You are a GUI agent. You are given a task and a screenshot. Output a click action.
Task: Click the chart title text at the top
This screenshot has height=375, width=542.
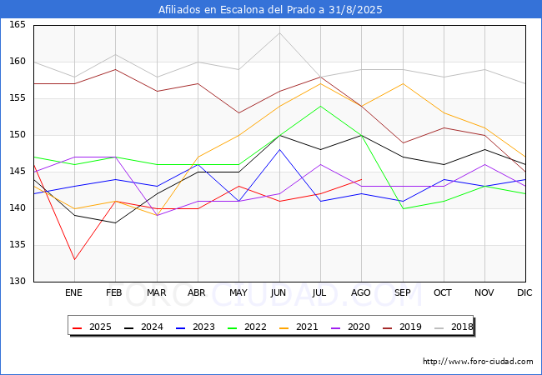click(x=270, y=9)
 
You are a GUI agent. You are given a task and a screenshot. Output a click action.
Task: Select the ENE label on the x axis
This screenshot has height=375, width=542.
click(x=74, y=293)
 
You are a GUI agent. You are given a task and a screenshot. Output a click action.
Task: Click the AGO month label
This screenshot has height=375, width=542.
click(x=361, y=293)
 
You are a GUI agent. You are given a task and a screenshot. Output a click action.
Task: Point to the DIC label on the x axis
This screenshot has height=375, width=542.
click(x=524, y=293)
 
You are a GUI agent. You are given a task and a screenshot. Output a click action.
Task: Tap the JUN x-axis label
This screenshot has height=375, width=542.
click(x=279, y=293)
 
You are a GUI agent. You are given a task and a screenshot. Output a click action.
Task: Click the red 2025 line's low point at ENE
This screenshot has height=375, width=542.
click(x=74, y=259)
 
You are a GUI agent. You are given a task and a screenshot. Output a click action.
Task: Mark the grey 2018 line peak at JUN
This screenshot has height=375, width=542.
click(x=279, y=32)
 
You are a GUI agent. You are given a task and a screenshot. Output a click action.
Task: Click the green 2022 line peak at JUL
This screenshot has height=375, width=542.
click(x=320, y=106)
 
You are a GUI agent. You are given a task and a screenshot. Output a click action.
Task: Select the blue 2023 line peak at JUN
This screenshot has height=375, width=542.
click(x=279, y=150)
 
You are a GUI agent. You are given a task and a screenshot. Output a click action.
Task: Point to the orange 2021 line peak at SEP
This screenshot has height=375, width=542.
click(x=402, y=83)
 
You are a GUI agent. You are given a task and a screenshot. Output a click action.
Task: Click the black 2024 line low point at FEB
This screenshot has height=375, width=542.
click(x=115, y=223)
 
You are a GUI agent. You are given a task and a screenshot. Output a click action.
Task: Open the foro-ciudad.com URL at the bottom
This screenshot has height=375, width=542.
click(x=478, y=362)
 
